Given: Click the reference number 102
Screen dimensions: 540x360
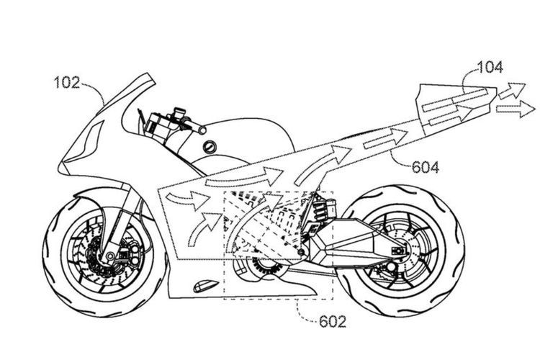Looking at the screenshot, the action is point(67,83).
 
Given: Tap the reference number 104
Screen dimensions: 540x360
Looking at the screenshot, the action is point(490,67).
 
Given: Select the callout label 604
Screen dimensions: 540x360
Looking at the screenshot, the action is point(426,168).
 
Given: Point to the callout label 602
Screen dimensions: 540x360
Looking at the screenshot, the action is point(333,321).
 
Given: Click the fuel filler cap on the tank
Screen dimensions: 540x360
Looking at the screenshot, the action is point(209,147).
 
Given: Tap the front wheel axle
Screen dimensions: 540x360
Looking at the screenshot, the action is point(110,256).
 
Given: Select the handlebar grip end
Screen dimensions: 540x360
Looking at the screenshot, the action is point(202,130).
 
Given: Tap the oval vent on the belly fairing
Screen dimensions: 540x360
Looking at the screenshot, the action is point(206,285).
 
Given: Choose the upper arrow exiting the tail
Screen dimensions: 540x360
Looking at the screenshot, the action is point(512,91).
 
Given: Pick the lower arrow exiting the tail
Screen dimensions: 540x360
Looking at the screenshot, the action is point(516,109).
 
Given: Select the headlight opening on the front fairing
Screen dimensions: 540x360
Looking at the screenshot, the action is point(84,142).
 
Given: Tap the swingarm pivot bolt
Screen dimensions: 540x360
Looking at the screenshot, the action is point(302,252).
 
